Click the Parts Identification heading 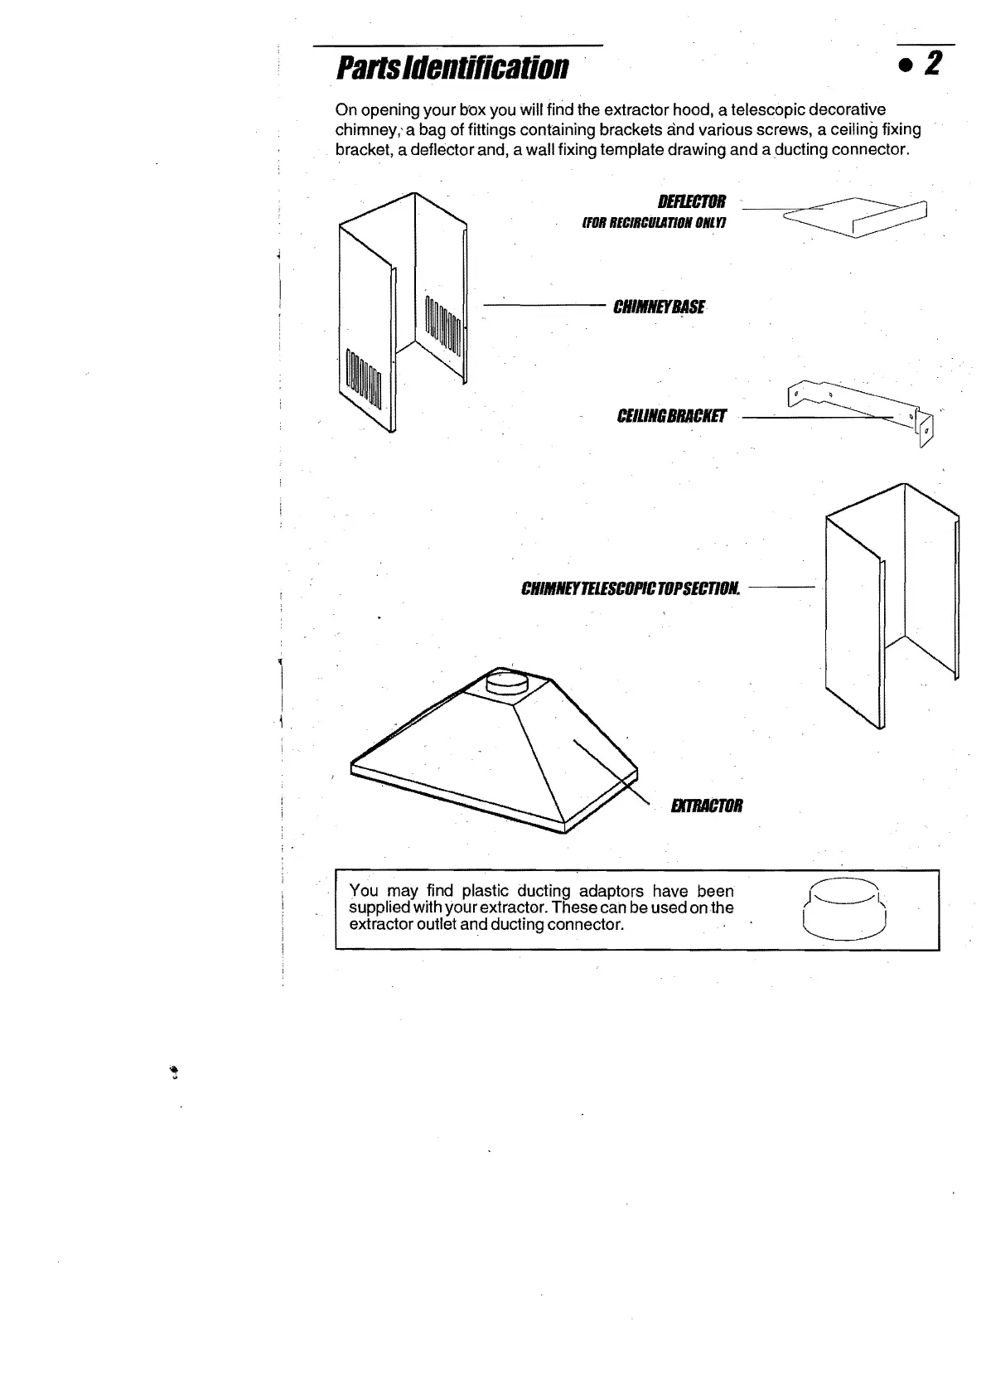452,67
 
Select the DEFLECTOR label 691,201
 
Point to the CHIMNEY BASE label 659,307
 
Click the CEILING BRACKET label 671,416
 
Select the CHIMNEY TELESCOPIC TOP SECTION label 631,589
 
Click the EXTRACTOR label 707,806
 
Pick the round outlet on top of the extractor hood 507,682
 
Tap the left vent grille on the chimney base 364,379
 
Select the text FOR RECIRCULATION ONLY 654,224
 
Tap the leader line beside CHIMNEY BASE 544,306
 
